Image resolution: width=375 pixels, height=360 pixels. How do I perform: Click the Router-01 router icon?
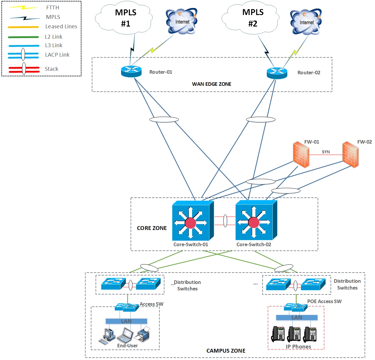click(131, 71)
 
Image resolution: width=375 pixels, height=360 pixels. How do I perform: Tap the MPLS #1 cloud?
click(125, 18)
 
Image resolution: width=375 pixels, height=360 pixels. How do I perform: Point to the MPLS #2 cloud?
click(252, 17)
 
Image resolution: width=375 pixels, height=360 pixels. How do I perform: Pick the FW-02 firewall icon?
click(350, 155)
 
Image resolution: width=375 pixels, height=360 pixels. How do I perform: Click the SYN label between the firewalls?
click(326, 152)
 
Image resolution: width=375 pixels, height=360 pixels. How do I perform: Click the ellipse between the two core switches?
click(225, 221)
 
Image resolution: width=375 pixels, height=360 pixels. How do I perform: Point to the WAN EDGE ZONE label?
click(212, 84)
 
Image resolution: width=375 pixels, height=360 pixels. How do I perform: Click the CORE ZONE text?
click(152, 228)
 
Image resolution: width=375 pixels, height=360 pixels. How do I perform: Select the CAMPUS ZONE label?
click(226, 351)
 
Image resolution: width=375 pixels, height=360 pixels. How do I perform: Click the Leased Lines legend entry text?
click(61, 27)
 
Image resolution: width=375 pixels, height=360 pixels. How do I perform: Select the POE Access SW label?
click(324, 301)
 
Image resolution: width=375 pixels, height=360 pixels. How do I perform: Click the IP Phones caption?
click(298, 346)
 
